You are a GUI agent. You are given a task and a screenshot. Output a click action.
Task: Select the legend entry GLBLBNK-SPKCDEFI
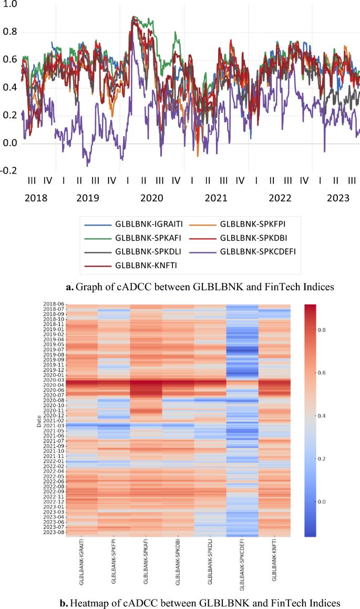[258, 251]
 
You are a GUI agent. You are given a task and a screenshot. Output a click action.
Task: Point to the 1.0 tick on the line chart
[10, 4]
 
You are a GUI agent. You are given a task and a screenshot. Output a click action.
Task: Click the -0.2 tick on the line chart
[9, 170]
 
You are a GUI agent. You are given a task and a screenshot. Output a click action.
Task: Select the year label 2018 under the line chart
[36, 198]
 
